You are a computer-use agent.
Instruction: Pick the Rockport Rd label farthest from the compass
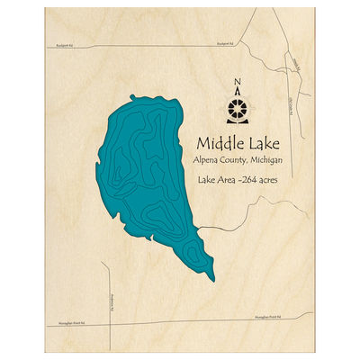(x=63, y=41)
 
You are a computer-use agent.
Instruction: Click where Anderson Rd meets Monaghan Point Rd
(x=107, y=320)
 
